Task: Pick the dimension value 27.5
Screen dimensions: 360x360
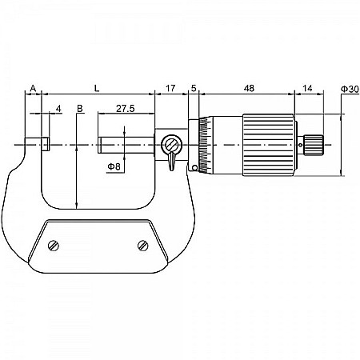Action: (x=125, y=107)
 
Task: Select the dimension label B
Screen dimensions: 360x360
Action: (x=80, y=107)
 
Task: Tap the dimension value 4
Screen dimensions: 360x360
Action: (x=58, y=107)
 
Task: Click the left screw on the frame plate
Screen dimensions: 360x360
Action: (x=54, y=245)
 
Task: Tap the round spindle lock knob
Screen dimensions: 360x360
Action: (x=170, y=145)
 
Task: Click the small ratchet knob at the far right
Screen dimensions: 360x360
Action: (x=312, y=144)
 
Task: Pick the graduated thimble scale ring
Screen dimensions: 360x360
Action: (x=204, y=144)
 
